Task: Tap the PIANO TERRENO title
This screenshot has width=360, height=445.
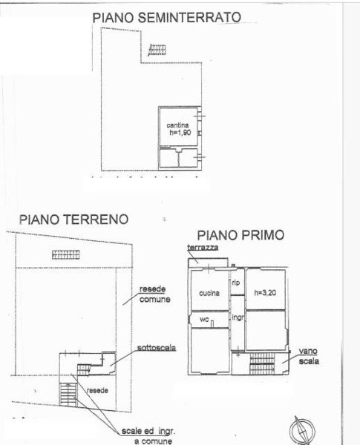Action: (x=73, y=220)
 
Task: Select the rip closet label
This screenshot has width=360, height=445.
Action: (x=236, y=282)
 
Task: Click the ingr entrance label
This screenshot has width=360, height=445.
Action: (x=238, y=317)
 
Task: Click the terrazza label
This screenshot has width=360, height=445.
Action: (x=203, y=248)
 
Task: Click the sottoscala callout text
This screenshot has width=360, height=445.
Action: (x=156, y=347)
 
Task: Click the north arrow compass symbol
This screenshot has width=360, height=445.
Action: (x=305, y=429)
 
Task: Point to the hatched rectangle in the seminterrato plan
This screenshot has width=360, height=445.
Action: (x=157, y=50)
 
